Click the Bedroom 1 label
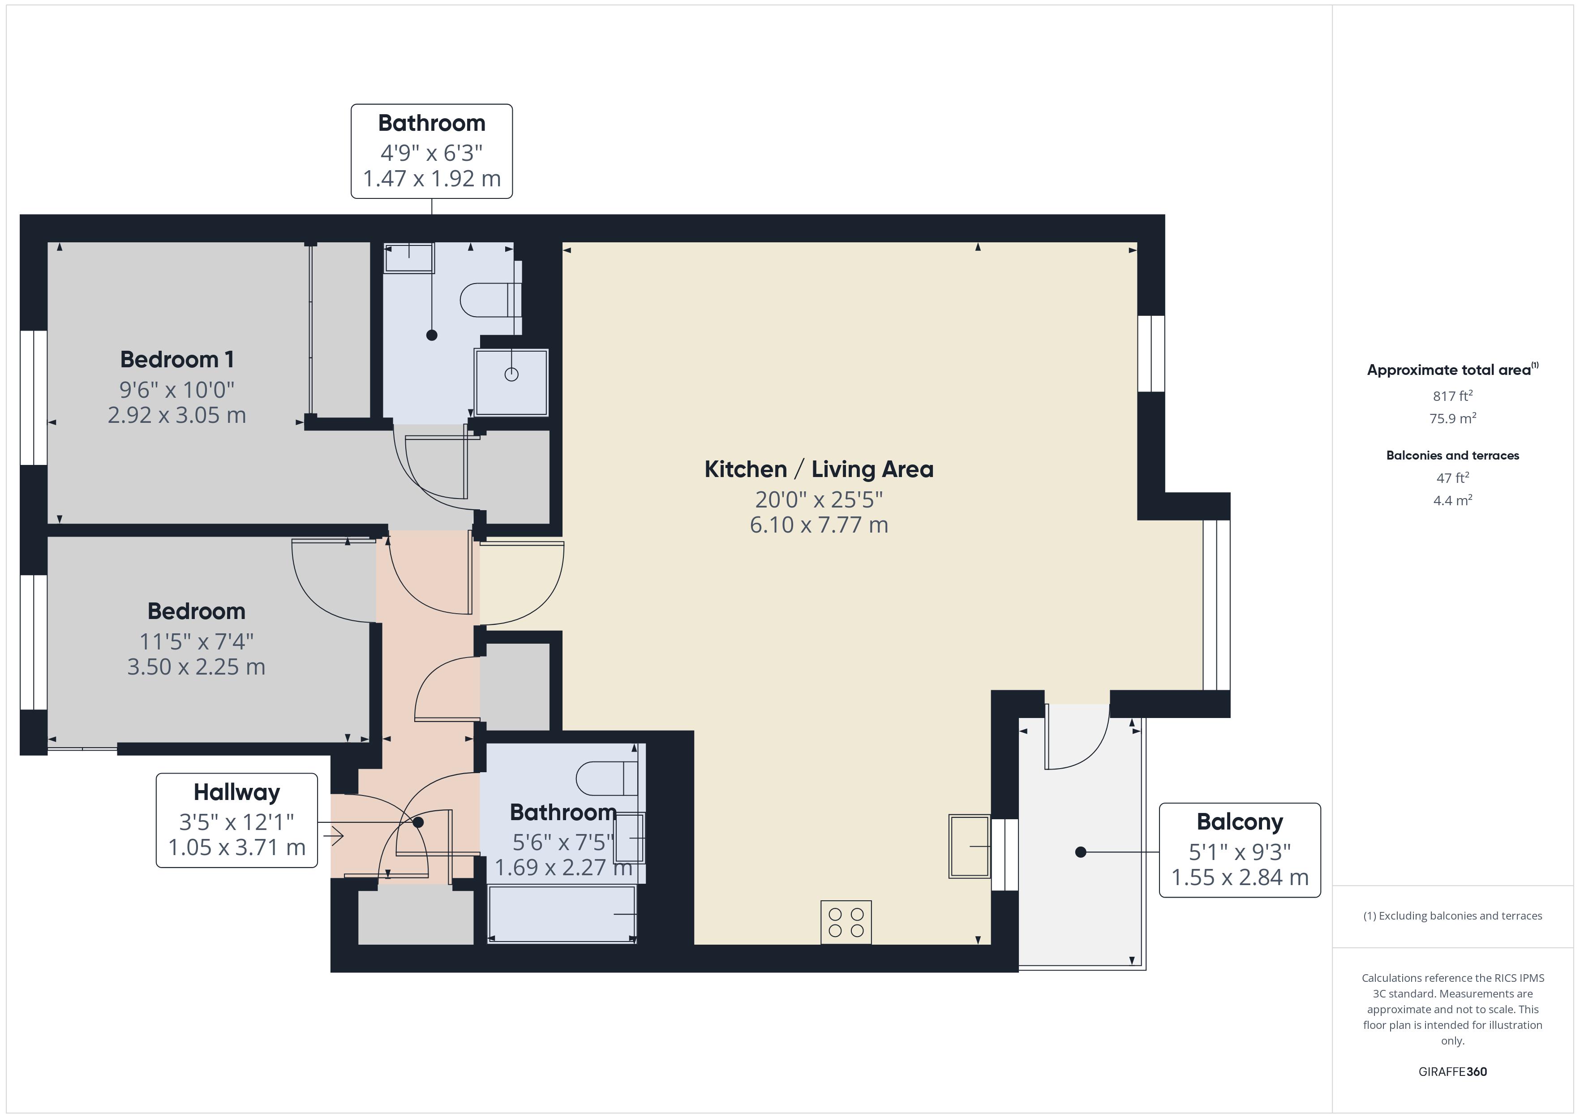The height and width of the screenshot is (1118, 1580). tap(177, 359)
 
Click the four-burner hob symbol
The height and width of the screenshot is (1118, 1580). tap(846, 922)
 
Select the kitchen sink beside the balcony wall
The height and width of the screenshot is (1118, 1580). tap(969, 846)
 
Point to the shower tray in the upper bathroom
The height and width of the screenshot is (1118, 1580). tap(511, 382)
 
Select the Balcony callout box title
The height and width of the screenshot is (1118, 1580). tap(1239, 821)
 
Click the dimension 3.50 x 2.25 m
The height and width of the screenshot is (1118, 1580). tap(196, 667)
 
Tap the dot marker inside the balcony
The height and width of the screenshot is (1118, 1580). tap(1080, 852)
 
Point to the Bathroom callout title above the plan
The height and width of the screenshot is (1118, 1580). tap(431, 123)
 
